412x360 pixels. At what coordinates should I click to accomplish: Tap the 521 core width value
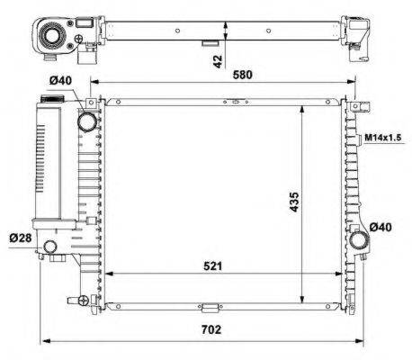pyautogui.click(x=212, y=265)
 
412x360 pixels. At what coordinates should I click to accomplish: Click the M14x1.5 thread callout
pyautogui.click(x=384, y=138)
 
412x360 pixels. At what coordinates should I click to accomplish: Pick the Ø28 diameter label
pyautogui.click(x=21, y=237)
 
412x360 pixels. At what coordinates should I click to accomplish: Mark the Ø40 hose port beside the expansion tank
pyautogui.click(x=88, y=121)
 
